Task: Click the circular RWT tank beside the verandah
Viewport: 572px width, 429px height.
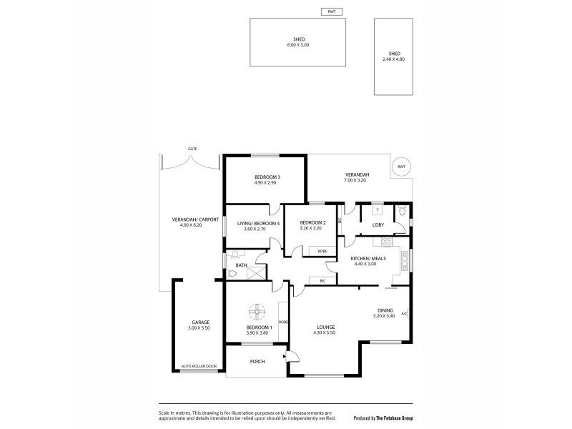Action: click(401, 167)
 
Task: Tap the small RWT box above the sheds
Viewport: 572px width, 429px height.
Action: click(331, 11)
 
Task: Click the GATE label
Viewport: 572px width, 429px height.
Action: click(192, 149)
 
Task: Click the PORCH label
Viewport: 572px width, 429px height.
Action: click(257, 361)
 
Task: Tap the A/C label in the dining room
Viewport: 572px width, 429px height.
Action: click(404, 313)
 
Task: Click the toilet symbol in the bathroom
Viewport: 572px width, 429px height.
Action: click(232, 273)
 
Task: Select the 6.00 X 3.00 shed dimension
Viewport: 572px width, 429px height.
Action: click(299, 44)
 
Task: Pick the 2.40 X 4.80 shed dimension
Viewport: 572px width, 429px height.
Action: click(394, 59)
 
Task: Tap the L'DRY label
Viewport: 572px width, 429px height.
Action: click(379, 225)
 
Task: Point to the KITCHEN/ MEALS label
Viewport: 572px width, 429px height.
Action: click(365, 258)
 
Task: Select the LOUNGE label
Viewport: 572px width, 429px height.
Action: click(324, 327)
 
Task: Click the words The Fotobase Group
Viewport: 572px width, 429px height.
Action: click(399, 418)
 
